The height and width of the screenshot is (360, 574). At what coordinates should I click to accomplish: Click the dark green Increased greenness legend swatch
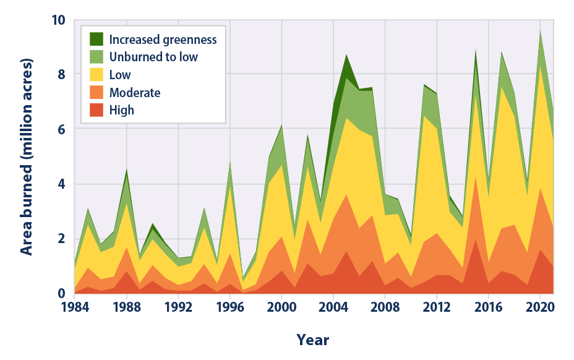tap(97, 40)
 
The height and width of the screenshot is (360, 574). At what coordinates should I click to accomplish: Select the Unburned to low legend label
tap(163, 58)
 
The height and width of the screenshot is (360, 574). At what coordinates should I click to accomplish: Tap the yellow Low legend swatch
tap(97, 75)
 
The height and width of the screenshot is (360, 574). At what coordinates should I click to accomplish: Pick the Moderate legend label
tap(135, 93)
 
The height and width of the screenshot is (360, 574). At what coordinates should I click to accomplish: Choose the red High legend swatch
tap(97, 110)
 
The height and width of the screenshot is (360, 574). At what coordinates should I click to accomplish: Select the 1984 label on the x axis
tap(75, 307)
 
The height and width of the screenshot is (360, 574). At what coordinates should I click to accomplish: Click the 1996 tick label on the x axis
tap(230, 307)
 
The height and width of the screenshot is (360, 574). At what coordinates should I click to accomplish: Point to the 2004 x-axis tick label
tap(333, 307)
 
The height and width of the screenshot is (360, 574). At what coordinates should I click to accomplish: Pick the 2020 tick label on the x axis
tap(541, 307)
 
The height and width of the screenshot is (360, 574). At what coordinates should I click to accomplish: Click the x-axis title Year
tap(312, 340)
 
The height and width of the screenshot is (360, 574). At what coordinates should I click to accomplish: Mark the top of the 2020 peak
tap(541, 30)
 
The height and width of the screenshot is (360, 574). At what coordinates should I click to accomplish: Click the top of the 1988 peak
tap(127, 168)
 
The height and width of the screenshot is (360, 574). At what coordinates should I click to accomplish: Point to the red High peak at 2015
tap(476, 239)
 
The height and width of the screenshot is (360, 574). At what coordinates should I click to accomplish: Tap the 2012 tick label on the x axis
tap(437, 307)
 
